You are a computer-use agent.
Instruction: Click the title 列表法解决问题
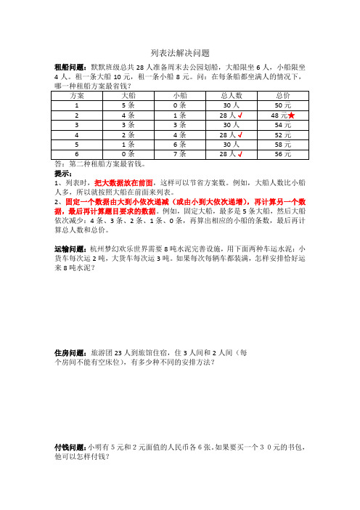click(x=179, y=53)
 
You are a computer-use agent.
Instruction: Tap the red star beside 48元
click(x=291, y=115)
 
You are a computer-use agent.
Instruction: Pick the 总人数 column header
click(x=228, y=95)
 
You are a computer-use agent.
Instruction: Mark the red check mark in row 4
click(x=238, y=134)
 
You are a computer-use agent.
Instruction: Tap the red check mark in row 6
click(x=238, y=154)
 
